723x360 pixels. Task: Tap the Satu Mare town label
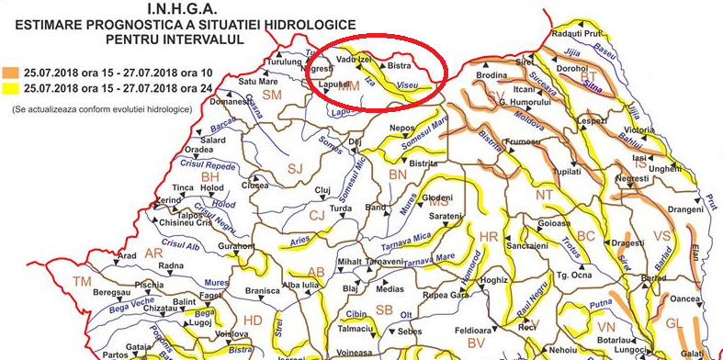[x=233, y=82]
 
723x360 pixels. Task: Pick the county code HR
[x=489, y=238]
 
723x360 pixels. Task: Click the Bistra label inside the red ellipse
[x=398, y=66]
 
